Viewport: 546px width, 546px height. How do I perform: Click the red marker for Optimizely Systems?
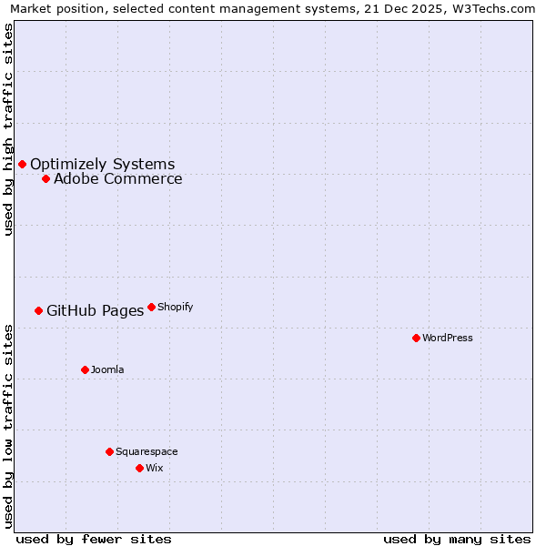point(22,164)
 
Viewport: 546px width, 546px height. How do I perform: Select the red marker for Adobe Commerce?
point(45,178)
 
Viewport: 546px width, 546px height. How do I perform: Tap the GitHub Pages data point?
point(38,310)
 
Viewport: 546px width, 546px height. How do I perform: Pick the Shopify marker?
point(151,307)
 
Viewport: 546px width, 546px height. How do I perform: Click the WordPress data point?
point(416,338)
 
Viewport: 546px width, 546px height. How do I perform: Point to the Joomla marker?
point(85,369)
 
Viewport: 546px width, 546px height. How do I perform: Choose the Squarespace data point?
point(109,451)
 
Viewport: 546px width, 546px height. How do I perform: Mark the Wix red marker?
point(139,468)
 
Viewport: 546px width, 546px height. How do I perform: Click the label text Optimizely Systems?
point(102,164)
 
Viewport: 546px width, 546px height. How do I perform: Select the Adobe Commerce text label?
point(117,178)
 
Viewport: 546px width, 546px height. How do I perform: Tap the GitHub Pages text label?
point(95,310)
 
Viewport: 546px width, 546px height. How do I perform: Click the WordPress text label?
point(447,338)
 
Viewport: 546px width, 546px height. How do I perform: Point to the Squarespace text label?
point(147,451)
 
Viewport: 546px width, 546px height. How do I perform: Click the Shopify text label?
point(175,307)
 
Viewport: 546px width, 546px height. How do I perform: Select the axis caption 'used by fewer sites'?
point(94,539)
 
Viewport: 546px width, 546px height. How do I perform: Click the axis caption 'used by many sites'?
point(457,539)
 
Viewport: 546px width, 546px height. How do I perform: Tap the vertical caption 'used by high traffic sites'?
point(8,129)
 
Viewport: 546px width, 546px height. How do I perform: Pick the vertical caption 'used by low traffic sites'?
point(8,426)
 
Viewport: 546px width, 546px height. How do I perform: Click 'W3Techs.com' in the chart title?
point(495,8)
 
